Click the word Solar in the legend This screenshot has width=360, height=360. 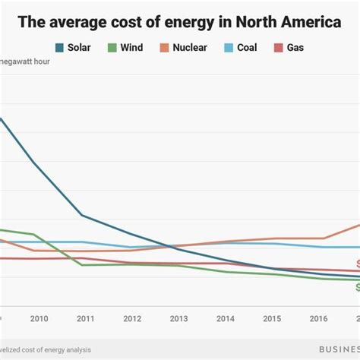click(80, 48)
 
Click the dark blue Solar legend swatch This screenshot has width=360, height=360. click(59, 48)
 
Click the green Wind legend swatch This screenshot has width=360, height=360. click(112, 48)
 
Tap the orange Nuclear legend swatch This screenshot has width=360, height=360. click(163, 48)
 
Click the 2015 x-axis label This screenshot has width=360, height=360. click(271, 319)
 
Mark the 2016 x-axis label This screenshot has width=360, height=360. click(318, 319)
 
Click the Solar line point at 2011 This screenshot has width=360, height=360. click(82, 216)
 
